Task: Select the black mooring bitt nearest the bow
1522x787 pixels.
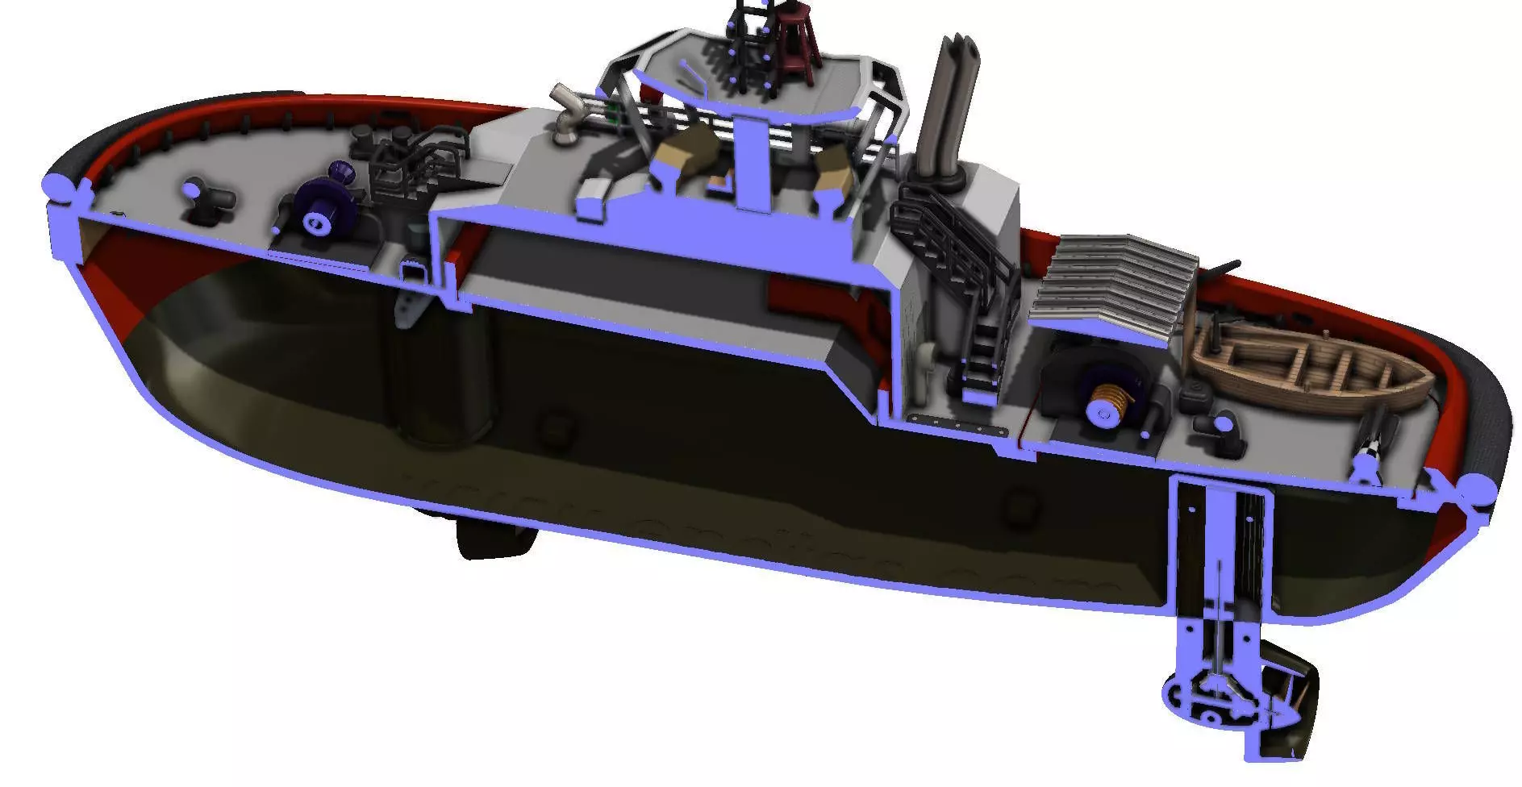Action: click(206, 197)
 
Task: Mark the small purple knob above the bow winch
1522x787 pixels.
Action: click(340, 170)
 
